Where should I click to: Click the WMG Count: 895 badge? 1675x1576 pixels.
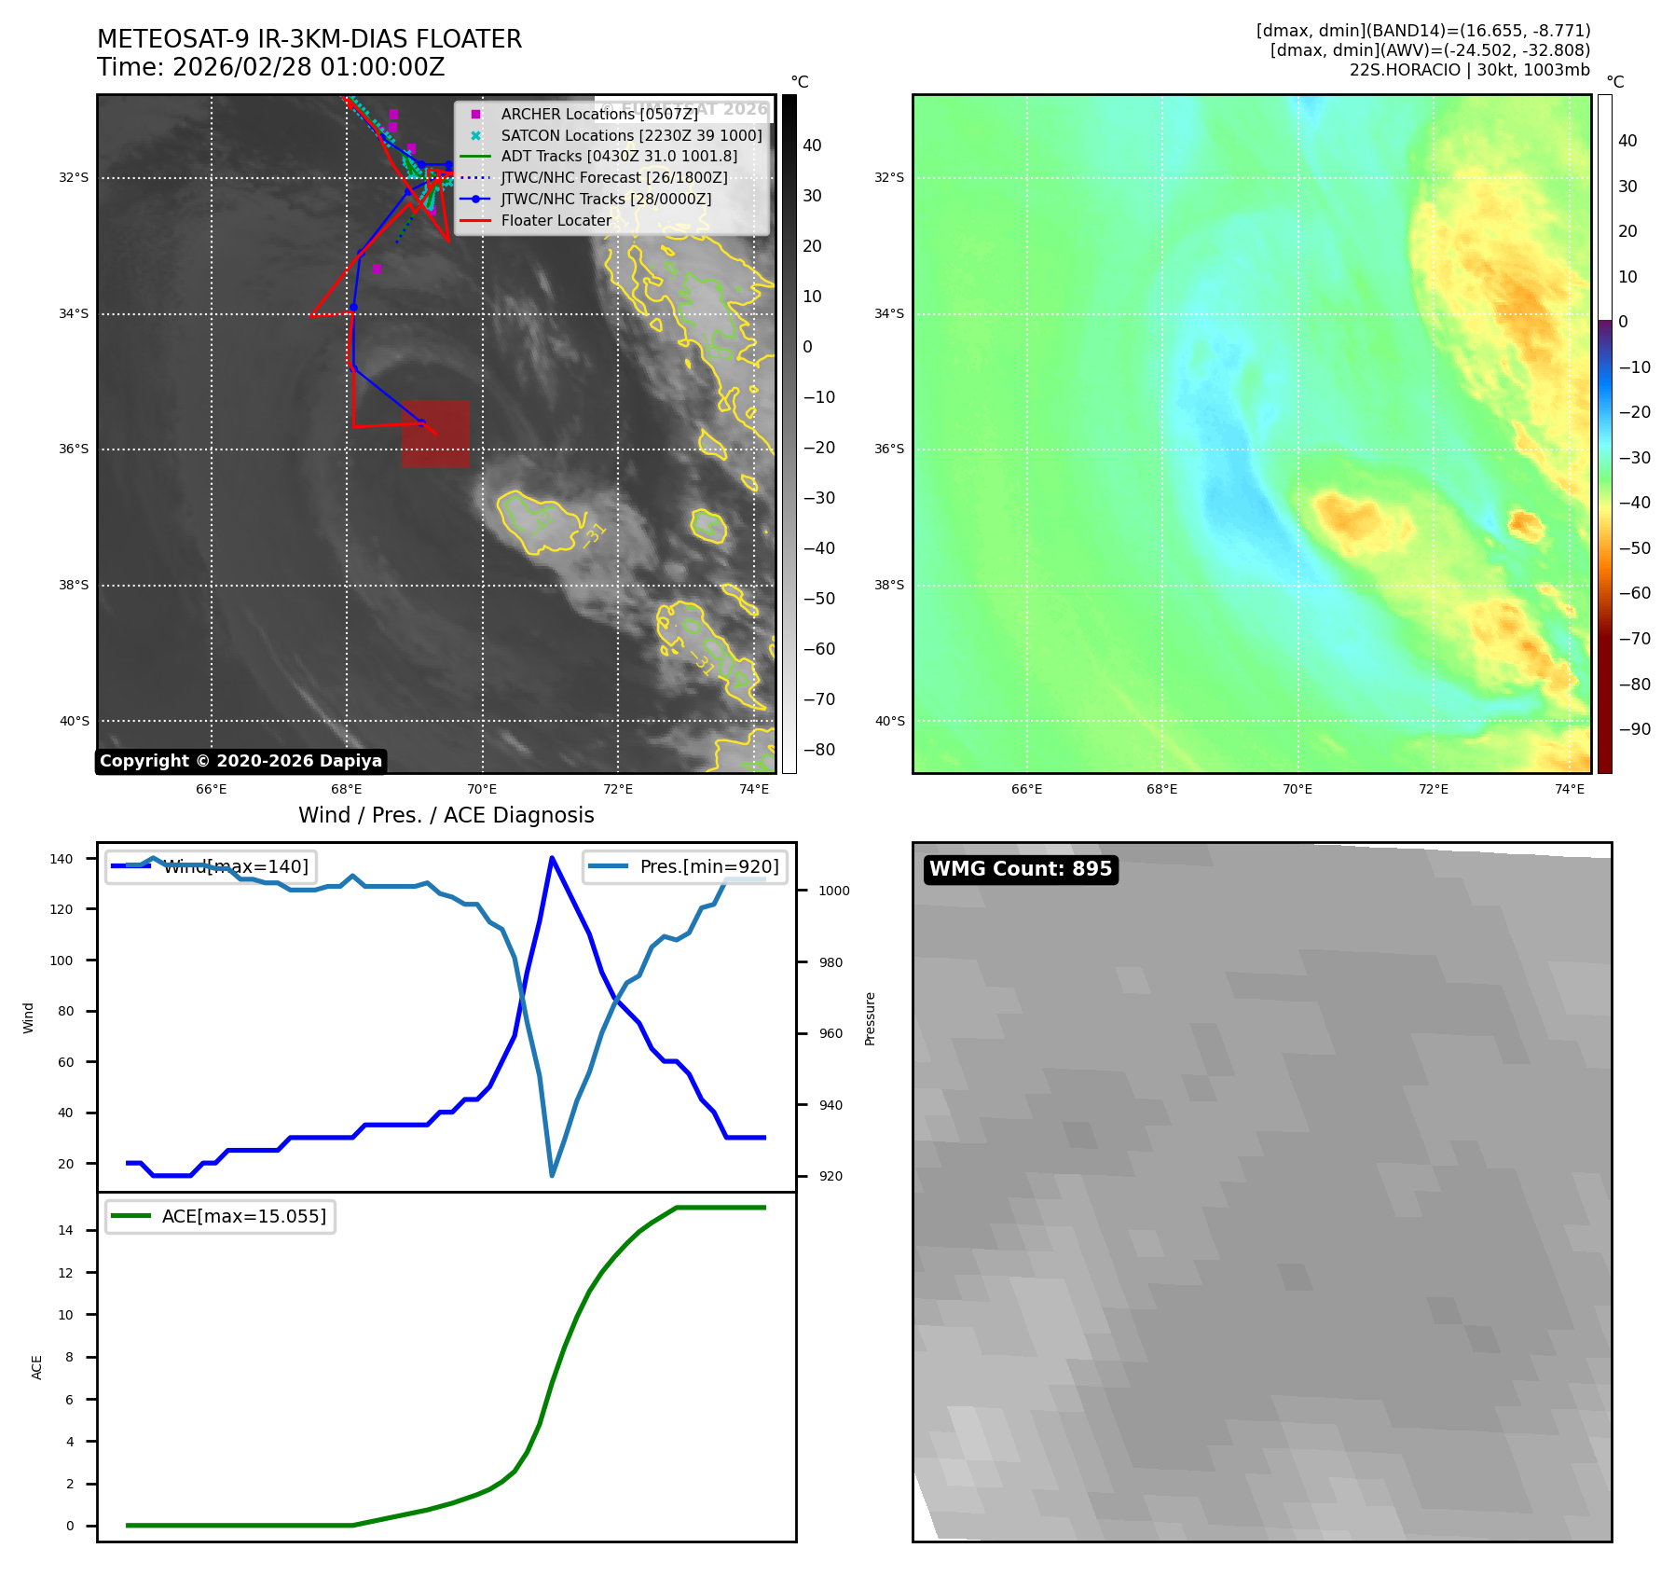click(1020, 869)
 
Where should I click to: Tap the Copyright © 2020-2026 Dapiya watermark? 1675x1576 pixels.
click(240, 761)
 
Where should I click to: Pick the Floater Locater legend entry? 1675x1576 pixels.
click(556, 221)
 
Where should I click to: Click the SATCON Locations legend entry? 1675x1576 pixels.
click(631, 135)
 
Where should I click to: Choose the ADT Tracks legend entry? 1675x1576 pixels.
click(619, 157)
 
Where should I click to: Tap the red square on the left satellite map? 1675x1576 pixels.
click(435, 434)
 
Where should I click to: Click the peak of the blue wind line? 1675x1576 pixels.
click(552, 858)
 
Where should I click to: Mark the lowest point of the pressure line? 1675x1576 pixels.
click(552, 1175)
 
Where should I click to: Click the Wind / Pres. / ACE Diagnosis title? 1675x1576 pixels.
click(446, 816)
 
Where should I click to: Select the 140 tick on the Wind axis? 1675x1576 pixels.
click(62, 859)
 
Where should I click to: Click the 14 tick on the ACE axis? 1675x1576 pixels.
click(65, 1230)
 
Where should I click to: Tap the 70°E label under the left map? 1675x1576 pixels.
click(482, 790)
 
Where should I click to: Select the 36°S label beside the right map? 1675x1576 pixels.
click(888, 449)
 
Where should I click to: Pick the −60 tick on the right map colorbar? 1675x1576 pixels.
click(1634, 593)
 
